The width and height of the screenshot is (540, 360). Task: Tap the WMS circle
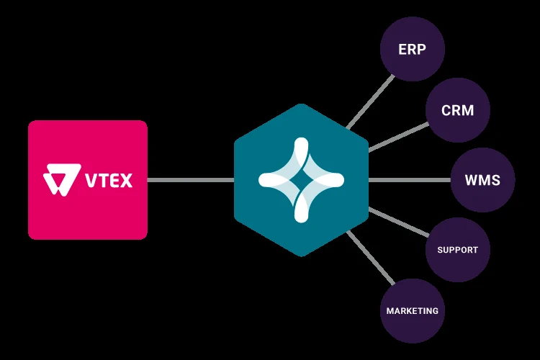coord(482,180)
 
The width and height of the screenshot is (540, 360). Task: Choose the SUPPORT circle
coord(457,250)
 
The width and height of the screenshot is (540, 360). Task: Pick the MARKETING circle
coord(412,311)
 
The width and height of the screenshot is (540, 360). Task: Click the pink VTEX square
coord(88,179)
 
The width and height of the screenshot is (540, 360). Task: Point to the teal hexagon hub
coord(301,180)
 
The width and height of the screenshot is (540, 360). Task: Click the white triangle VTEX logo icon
coord(58,180)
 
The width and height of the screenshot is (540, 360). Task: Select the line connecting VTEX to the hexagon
coord(191,180)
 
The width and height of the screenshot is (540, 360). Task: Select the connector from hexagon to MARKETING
coord(372,260)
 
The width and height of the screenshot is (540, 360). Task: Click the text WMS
coord(482,180)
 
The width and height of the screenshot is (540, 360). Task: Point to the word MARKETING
coord(412,311)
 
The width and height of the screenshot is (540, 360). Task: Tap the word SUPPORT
coord(457,250)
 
